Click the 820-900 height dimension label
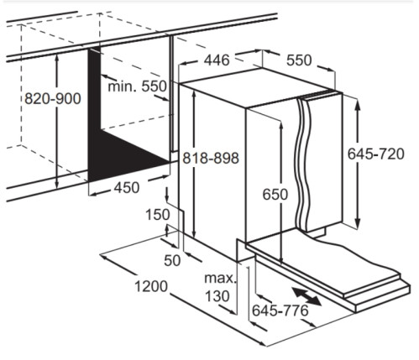pos(53,99)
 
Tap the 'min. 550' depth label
pos(137,86)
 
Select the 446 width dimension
pos(217,60)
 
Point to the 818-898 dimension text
pos(211,158)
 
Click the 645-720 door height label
pos(376,154)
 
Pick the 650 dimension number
pos(275,195)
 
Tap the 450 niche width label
pos(127,188)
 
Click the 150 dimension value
pos(158,215)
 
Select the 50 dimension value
pos(172,261)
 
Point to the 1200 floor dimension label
pos(151,286)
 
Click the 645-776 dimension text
pos(280,310)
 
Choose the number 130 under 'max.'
pos(217,296)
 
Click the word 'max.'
pos(220,279)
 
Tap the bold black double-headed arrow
pos(306,296)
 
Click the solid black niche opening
pos(112,145)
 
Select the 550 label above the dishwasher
pos(299,60)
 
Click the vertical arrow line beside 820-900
pos(57,121)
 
